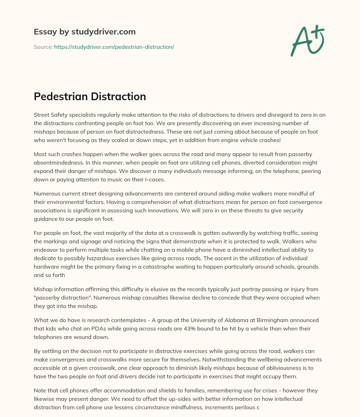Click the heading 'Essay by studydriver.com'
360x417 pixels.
(84, 32)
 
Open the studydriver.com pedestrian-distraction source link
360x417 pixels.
(114, 47)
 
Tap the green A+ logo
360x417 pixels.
(307, 40)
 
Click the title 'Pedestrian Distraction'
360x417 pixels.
(90, 96)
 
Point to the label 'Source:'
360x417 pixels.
(43, 47)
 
